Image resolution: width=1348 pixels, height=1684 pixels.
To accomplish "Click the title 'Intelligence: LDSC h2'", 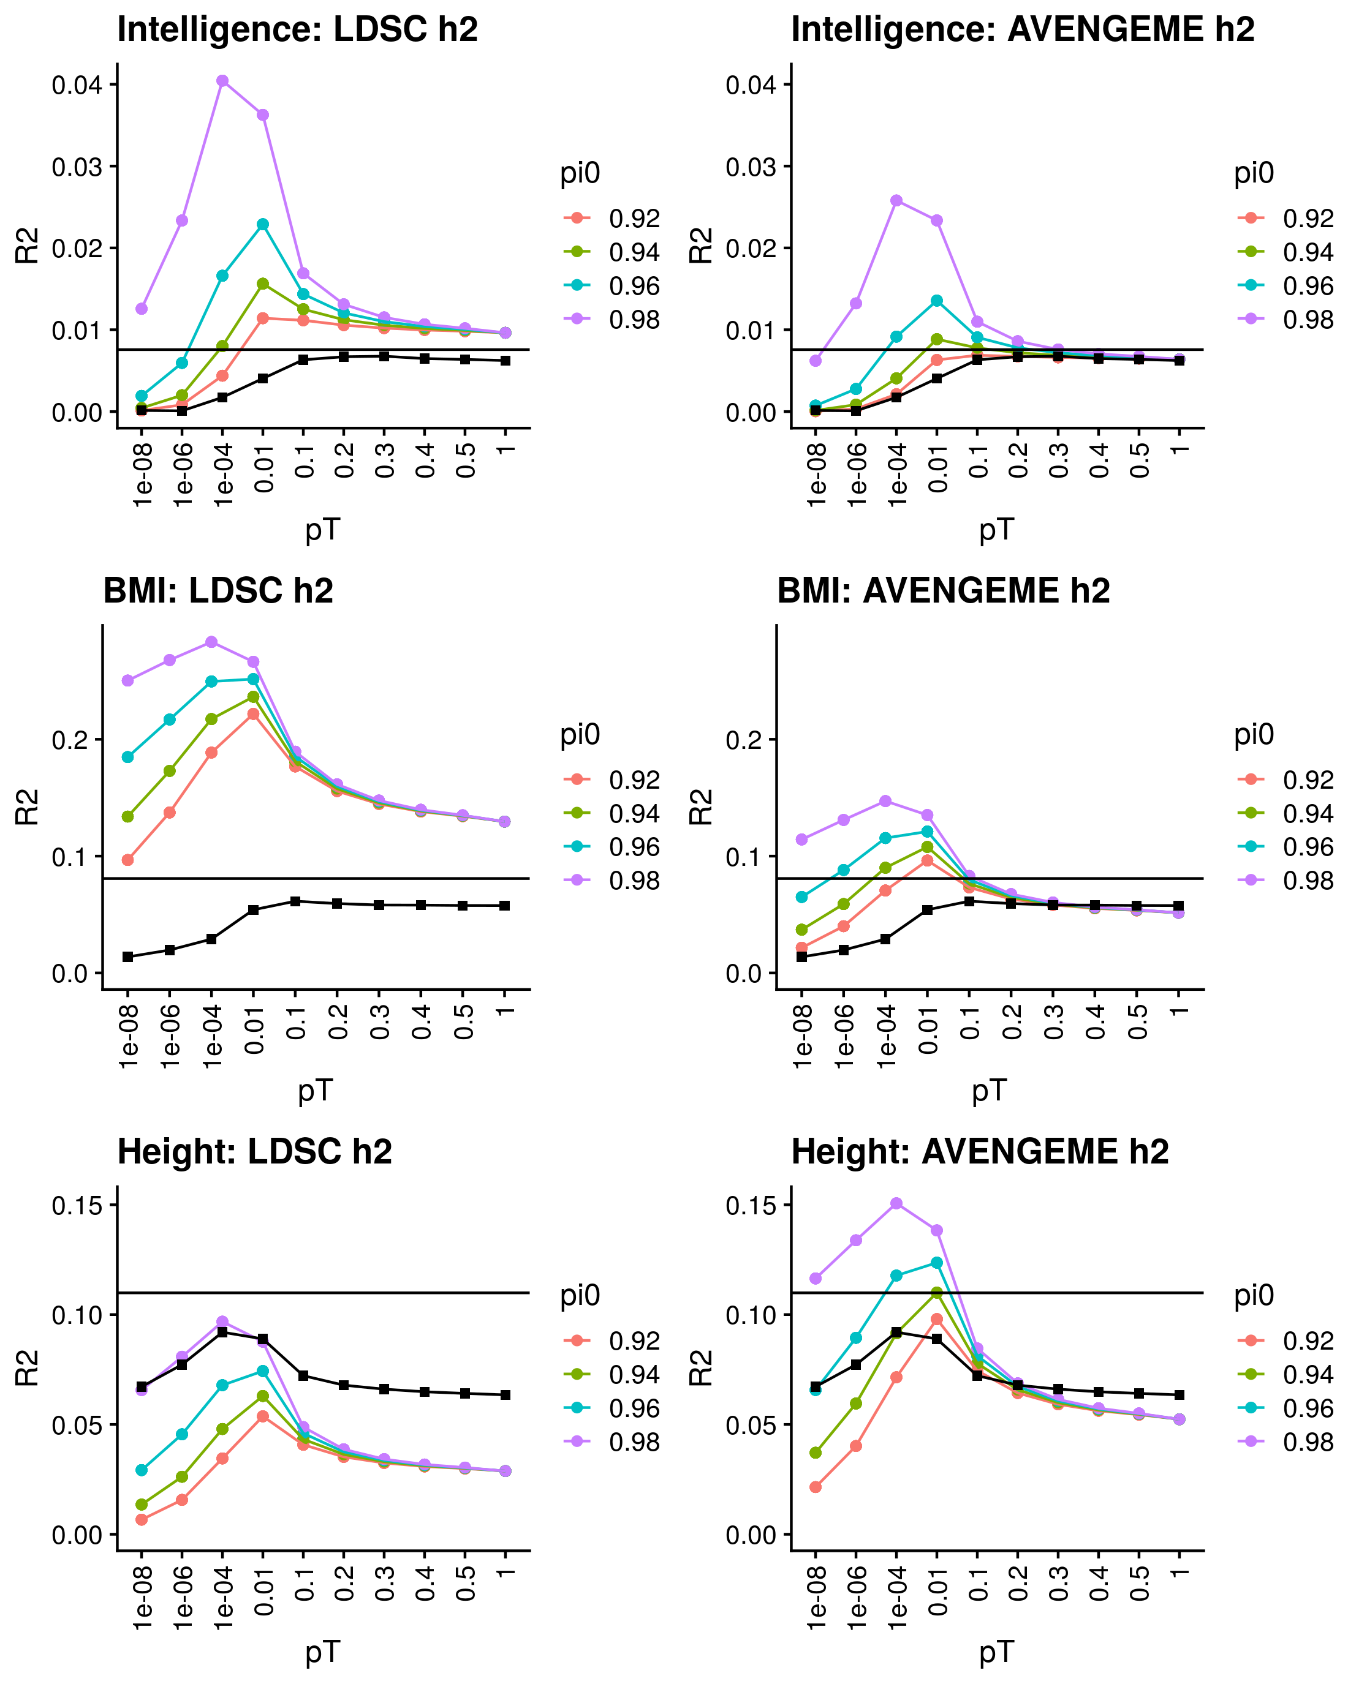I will [x=297, y=29].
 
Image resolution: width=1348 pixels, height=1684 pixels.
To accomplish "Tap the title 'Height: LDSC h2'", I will [x=255, y=1152].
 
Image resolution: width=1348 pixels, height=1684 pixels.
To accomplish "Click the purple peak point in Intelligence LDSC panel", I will [x=222, y=80].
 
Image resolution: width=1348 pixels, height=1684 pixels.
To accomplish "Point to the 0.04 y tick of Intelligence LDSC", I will [x=77, y=85].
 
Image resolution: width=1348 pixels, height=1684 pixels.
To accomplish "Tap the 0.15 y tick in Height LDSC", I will [x=77, y=1205].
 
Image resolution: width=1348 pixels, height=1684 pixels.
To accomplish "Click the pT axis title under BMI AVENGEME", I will [x=990, y=1091].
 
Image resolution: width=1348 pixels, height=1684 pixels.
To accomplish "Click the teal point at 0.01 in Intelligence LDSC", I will [x=263, y=224].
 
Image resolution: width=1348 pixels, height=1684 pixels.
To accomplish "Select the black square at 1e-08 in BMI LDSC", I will [x=128, y=957].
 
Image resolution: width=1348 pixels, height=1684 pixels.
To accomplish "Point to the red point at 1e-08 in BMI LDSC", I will [x=128, y=860].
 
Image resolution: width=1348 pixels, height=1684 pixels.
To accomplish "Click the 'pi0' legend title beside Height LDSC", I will [x=580, y=1296].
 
